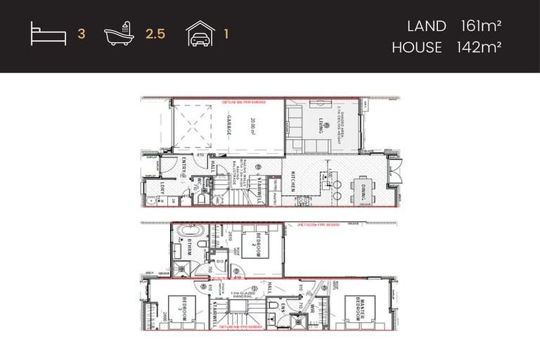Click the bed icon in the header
point(49,34)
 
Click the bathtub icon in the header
point(118,33)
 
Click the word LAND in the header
point(426,27)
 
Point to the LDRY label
point(161,188)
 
